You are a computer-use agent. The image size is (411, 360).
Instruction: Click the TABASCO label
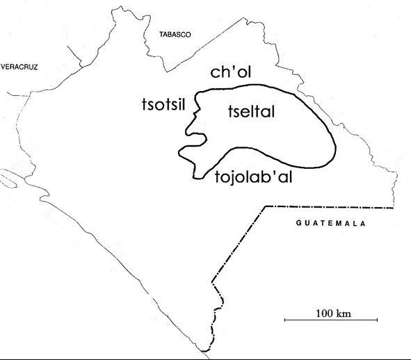pyautogui.click(x=175, y=33)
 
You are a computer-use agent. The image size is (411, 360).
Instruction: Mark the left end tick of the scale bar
pyautogui.click(x=285, y=320)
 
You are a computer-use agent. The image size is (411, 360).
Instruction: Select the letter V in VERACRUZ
pyautogui.click(x=3, y=67)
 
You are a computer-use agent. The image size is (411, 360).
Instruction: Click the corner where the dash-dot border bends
pyautogui.click(x=265, y=207)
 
